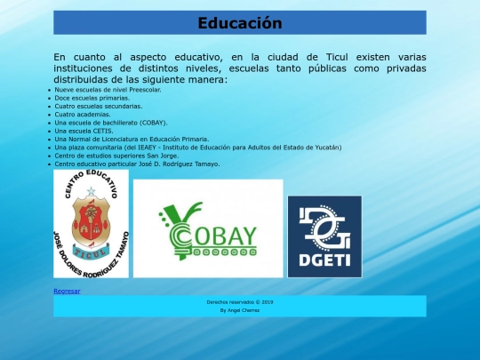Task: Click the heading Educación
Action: [x=239, y=23]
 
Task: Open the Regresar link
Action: [x=67, y=291]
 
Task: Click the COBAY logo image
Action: [x=208, y=228]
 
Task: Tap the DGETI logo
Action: [x=324, y=236]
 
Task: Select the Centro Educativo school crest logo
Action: [x=91, y=224]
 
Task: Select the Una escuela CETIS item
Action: [x=84, y=130]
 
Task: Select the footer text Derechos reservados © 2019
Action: [x=239, y=302]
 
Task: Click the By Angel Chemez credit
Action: [x=239, y=311]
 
